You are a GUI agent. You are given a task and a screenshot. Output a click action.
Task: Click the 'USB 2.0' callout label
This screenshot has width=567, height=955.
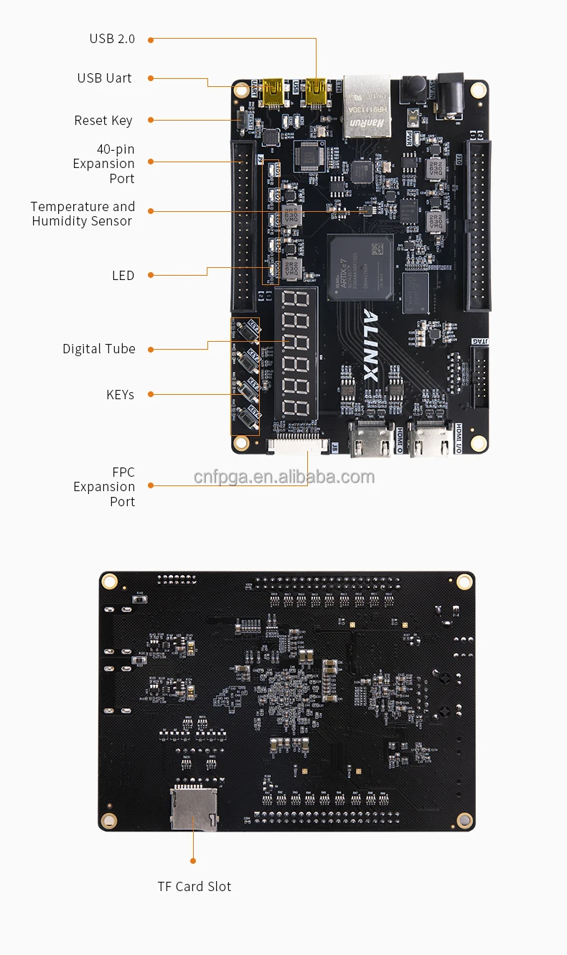point(112,39)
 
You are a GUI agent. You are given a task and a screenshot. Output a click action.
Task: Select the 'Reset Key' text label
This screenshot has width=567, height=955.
point(103,121)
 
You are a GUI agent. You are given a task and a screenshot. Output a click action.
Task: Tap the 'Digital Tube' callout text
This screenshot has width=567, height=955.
point(98,349)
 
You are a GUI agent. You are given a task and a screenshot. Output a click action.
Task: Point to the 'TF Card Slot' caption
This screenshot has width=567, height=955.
point(194,887)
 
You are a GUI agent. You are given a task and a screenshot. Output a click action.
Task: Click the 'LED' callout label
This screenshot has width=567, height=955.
point(123,276)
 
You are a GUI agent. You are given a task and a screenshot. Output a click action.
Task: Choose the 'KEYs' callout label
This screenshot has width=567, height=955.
point(120,395)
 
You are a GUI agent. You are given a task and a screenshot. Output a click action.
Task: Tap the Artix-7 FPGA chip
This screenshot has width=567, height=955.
point(360,266)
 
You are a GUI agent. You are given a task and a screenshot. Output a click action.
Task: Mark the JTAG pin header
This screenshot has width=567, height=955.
point(479,376)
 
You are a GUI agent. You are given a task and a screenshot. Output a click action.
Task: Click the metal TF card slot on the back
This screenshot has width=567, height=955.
point(193,809)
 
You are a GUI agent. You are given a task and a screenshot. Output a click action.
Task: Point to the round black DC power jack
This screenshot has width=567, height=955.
point(451,95)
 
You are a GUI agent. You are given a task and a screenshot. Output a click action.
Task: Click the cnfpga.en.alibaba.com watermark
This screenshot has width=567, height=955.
point(284,478)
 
